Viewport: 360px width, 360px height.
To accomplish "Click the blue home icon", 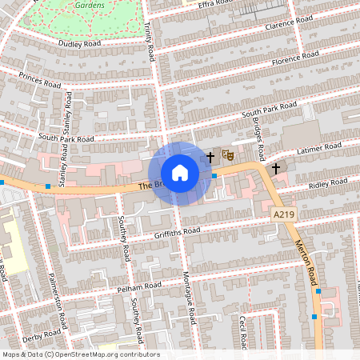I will [x=179, y=172].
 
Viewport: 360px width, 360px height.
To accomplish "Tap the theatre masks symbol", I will [x=227, y=156].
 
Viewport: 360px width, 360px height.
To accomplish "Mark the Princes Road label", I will [x=40, y=82].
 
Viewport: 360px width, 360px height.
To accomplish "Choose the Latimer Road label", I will [x=318, y=150].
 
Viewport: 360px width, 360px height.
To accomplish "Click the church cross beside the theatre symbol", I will [x=211, y=157].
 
